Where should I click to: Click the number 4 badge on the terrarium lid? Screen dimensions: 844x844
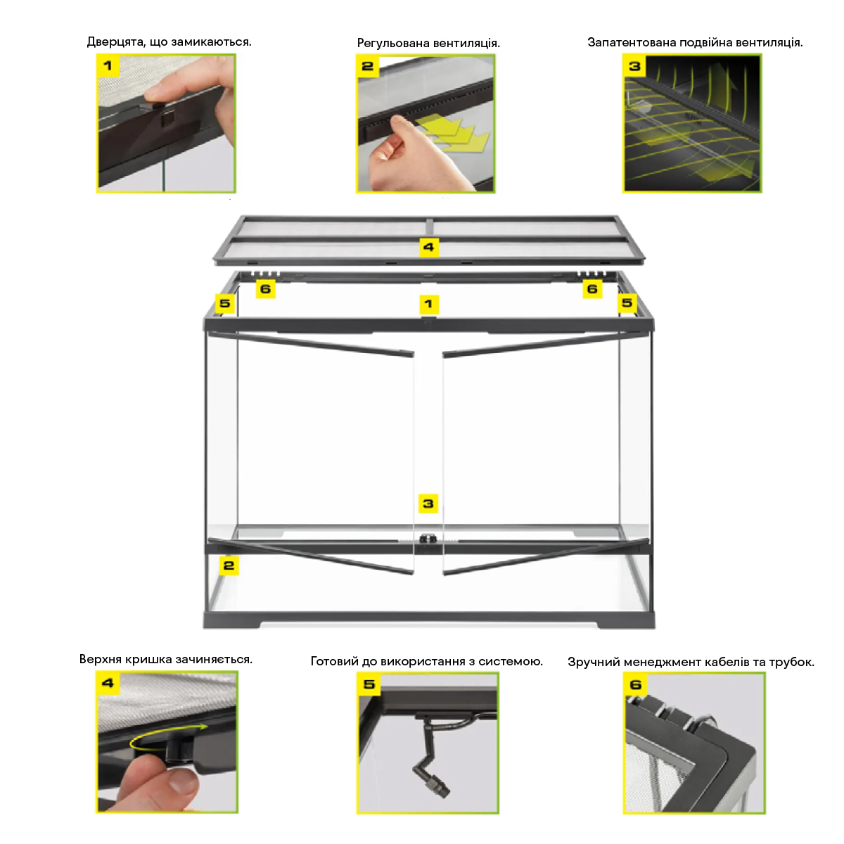[428, 248]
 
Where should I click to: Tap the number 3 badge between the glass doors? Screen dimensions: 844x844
[428, 504]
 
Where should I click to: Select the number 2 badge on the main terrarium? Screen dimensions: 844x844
[229, 565]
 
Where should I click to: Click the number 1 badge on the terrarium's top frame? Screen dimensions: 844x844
[428, 304]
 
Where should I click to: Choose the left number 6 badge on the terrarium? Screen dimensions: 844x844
[265, 289]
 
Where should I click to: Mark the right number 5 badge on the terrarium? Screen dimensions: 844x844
[627, 302]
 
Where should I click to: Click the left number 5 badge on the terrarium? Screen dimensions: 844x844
[224, 303]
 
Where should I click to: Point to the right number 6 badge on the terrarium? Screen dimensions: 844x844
[592, 289]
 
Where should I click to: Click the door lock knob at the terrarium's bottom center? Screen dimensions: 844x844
[424, 539]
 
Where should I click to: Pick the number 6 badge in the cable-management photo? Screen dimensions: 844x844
[636, 684]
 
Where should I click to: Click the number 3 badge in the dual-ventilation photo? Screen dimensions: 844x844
[634, 67]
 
